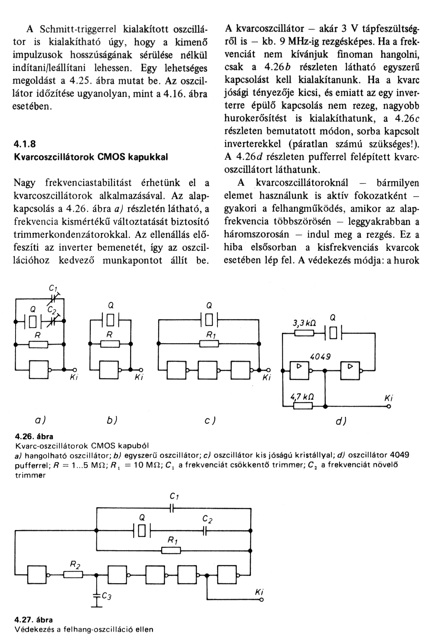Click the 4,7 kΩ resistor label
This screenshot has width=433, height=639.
(303, 397)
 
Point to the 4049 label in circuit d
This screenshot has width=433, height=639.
(320, 356)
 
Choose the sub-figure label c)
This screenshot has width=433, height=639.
(210, 420)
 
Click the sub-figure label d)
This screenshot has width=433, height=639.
(341, 421)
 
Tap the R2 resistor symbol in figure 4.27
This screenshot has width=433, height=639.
(73, 575)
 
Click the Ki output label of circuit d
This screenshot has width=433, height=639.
(388, 398)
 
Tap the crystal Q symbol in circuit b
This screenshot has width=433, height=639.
(111, 321)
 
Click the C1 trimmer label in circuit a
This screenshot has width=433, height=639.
(53, 288)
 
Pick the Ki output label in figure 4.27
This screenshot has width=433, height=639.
(260, 593)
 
